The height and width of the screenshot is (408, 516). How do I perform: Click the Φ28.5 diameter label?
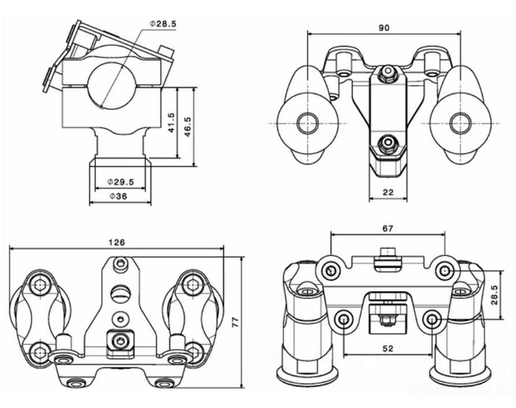[x=163, y=24]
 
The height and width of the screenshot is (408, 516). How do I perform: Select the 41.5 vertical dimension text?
[x=171, y=122]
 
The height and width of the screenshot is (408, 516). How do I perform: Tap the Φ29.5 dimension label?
[x=121, y=182]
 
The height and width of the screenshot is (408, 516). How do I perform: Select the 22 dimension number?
[x=388, y=192]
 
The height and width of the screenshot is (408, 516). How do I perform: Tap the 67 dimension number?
[x=387, y=229]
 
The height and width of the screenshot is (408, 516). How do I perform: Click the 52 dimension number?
[x=387, y=349]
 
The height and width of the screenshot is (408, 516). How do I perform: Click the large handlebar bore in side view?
[x=111, y=85]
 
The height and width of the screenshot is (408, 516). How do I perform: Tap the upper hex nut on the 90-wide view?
[x=388, y=73]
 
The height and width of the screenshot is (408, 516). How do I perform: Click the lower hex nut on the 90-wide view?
[x=388, y=143]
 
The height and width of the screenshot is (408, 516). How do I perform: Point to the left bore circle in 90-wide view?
[x=308, y=123]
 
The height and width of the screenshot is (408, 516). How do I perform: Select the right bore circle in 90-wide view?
[x=460, y=123]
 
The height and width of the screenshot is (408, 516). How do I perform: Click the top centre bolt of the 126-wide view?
[x=120, y=264]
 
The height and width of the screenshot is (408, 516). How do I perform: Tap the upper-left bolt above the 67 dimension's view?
[x=330, y=269]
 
